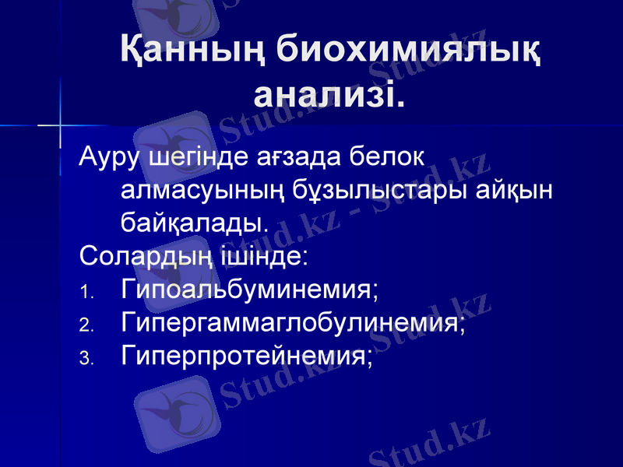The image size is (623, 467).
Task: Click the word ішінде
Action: pyautogui.click(x=239, y=256)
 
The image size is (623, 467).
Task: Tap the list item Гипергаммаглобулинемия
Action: pyautogui.click(x=294, y=323)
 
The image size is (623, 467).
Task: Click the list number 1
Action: pyautogui.click(x=87, y=293)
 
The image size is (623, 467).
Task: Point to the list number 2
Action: pyautogui.click(x=87, y=325)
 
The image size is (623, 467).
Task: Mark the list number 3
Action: pyautogui.click(x=87, y=358)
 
